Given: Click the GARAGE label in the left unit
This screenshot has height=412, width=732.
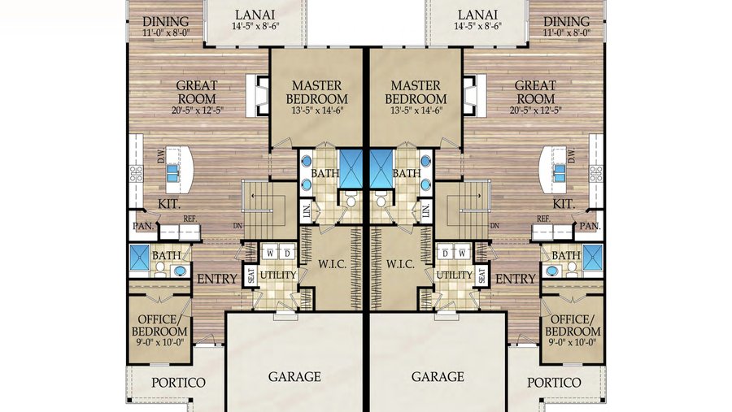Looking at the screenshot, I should [x=294, y=377].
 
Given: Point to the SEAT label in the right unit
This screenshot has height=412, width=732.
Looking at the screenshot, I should [x=482, y=276].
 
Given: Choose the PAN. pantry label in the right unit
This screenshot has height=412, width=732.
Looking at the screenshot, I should [x=591, y=225].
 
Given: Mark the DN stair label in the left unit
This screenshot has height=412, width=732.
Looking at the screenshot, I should [x=237, y=227].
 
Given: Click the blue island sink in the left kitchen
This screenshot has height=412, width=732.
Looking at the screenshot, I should [x=173, y=171].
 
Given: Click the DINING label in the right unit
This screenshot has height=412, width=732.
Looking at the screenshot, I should [x=567, y=21].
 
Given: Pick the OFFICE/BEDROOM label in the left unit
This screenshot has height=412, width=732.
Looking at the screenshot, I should [x=159, y=325].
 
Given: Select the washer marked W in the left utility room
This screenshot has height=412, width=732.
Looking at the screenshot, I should [x=269, y=252].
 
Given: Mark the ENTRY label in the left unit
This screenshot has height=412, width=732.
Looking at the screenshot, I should [x=217, y=279].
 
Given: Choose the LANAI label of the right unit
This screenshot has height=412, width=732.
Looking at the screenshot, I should [x=478, y=15].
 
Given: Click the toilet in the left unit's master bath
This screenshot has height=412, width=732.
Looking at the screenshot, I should [x=352, y=200].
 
